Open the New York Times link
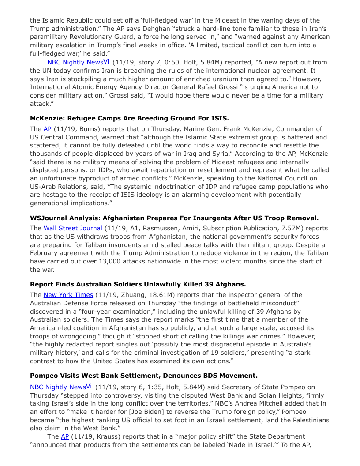coord(68,294)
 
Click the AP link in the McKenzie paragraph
coord(47,129)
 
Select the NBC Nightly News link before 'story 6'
coord(58,387)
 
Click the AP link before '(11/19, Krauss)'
coord(65,436)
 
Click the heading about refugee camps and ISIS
coord(129,118)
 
